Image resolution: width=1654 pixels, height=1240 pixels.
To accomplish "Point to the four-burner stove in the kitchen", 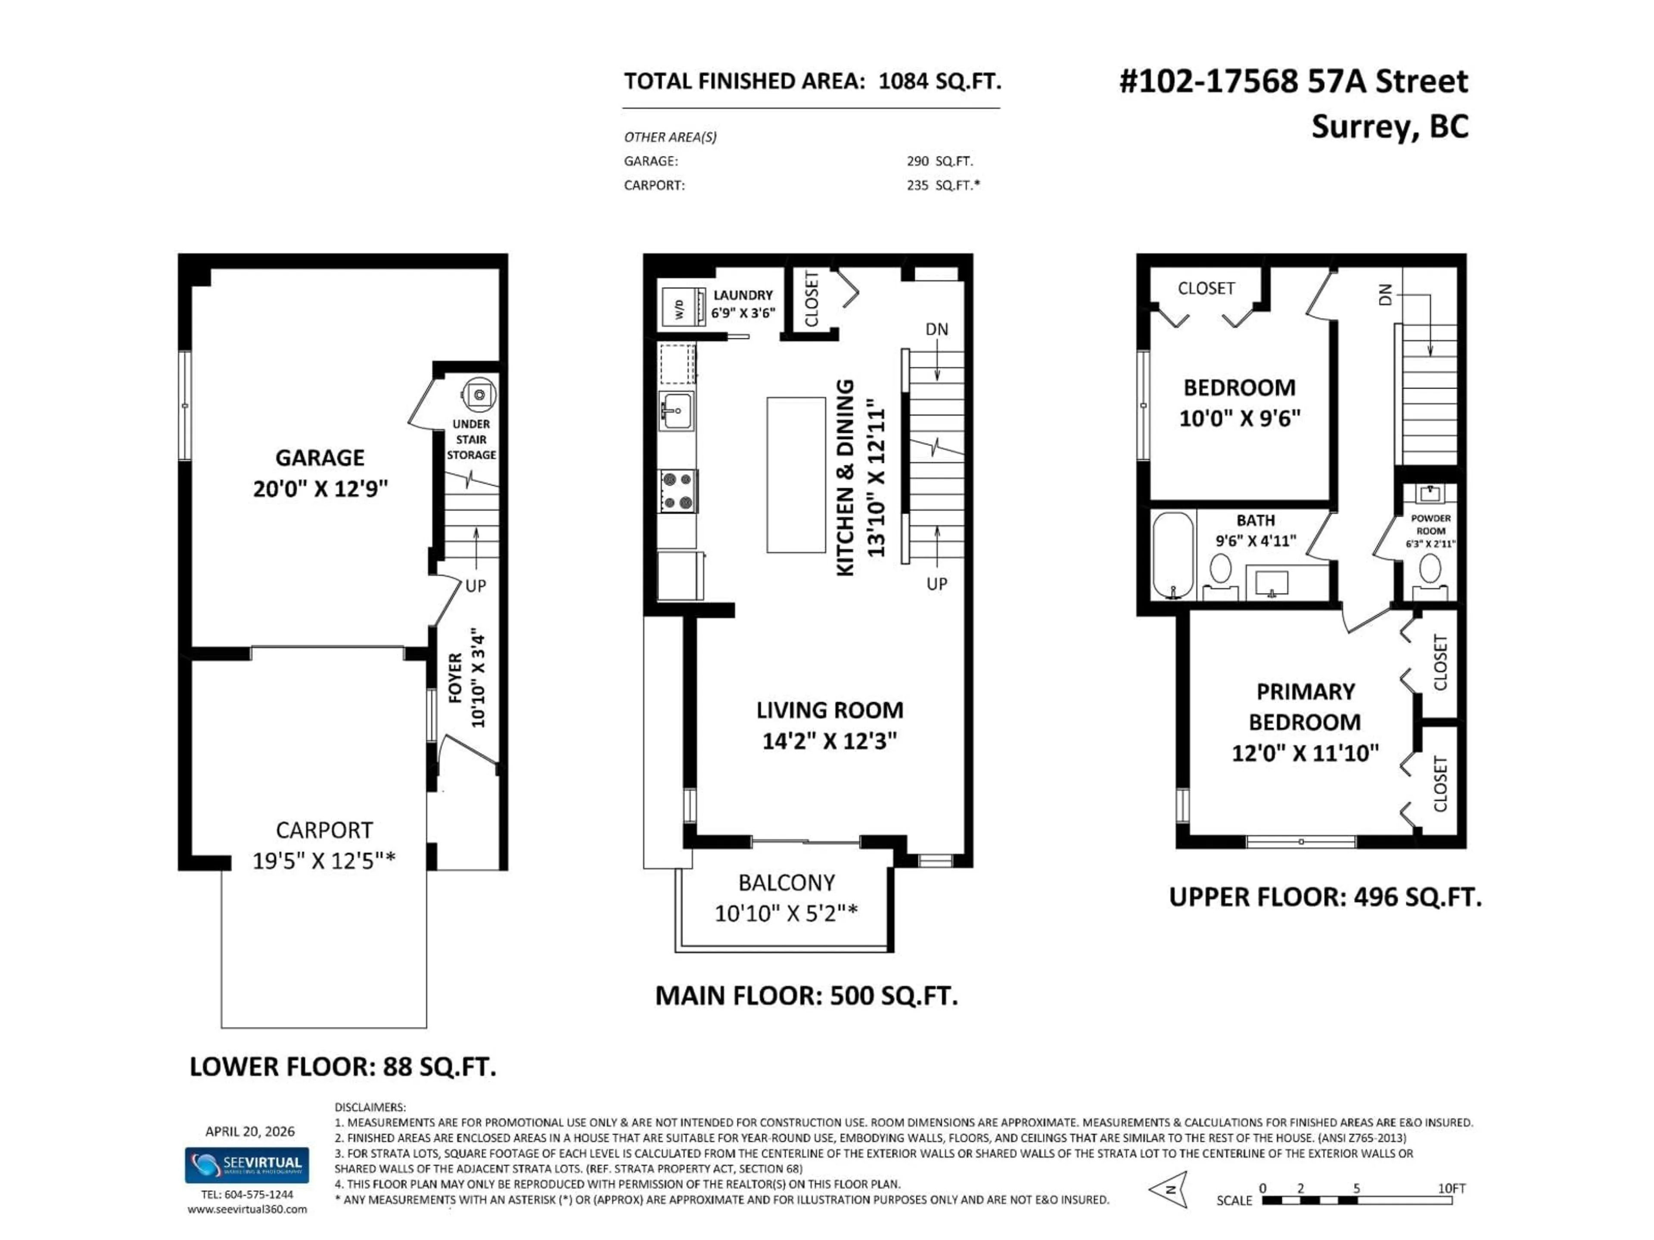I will (678, 491).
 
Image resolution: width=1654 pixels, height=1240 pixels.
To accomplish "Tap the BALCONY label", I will (786, 883).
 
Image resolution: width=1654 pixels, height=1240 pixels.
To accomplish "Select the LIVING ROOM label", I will (829, 710).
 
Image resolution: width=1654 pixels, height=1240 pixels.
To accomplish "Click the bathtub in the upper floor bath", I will (1172, 555).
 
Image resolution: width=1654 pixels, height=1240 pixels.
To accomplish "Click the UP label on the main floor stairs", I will (936, 584).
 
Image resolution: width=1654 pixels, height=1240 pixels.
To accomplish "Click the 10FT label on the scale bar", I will (1452, 1187).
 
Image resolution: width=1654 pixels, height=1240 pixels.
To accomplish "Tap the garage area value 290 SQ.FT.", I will (939, 161).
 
